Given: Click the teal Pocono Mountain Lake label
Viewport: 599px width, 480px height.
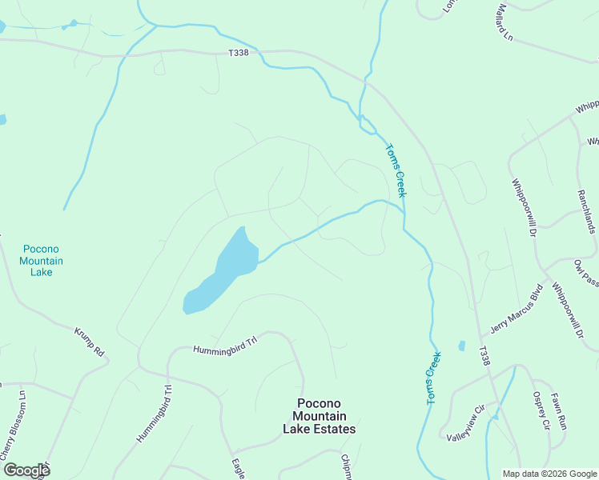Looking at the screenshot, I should click(x=41, y=261).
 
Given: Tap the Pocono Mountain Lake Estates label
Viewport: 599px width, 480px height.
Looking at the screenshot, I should click(x=319, y=416).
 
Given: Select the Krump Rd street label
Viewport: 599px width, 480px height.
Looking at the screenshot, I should click(x=90, y=342).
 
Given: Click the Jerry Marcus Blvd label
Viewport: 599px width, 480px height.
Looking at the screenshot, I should click(x=517, y=309).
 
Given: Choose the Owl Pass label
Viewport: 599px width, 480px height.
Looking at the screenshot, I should click(x=585, y=273).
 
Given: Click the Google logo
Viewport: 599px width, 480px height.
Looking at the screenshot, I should click(x=26, y=470).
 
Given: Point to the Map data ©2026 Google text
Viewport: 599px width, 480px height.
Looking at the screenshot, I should click(x=549, y=473).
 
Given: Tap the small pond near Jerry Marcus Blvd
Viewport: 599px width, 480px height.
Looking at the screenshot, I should click(x=461, y=346).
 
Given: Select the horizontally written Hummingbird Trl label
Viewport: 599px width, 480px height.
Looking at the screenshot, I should click(x=224, y=345).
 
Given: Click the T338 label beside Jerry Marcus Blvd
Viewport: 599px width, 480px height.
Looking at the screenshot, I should click(x=483, y=356).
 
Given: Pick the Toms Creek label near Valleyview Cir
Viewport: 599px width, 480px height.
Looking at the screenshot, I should click(x=433, y=377).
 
